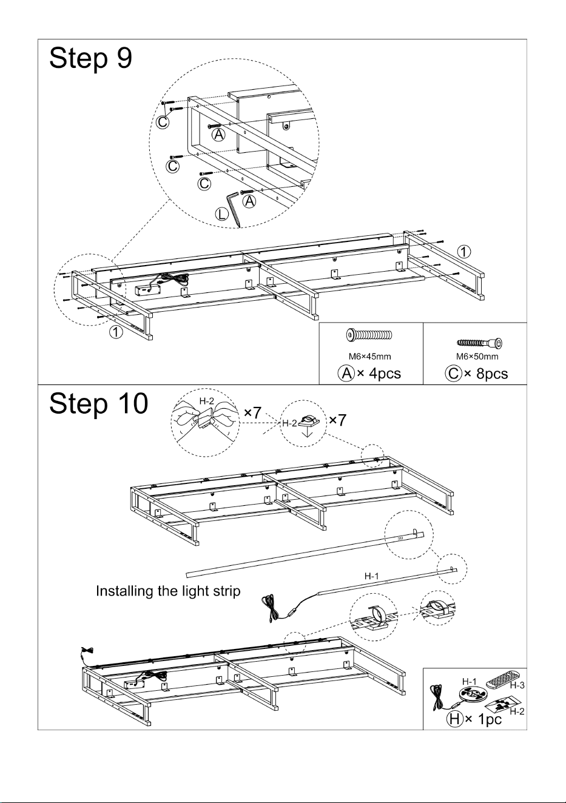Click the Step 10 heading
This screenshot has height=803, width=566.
point(99,404)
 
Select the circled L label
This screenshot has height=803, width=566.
point(221,214)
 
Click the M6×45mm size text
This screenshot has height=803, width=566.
point(370,357)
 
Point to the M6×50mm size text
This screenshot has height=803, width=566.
point(477,357)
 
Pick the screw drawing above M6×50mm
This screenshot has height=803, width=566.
point(480,343)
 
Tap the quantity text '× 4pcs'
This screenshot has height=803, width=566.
point(379,374)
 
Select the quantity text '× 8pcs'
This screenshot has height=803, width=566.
point(486,374)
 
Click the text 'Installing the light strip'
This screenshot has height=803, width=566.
point(168,591)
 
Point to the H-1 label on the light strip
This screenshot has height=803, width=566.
point(372,576)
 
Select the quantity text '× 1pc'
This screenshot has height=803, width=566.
point(483,719)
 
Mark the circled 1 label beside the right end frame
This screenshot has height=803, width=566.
point(464,252)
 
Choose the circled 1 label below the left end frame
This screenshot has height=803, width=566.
point(116,332)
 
